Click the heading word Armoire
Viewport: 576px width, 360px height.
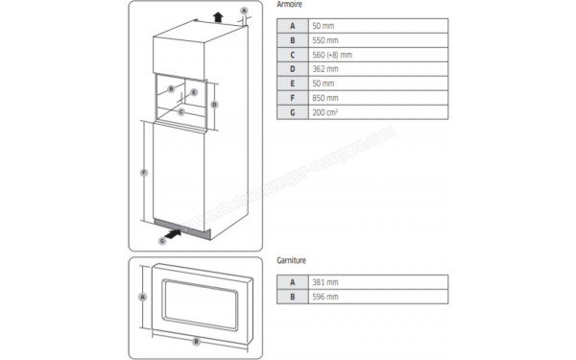[x=291, y=6]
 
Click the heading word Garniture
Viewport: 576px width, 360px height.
[x=292, y=259]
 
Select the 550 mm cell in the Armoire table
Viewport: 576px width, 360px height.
[x=326, y=40]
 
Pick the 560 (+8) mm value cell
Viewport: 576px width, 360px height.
[x=332, y=55]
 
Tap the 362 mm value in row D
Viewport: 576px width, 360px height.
[x=326, y=69]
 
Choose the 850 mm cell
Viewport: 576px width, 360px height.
[x=326, y=98]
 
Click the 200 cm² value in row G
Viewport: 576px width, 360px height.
[x=326, y=112]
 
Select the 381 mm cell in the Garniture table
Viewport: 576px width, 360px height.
[x=326, y=282]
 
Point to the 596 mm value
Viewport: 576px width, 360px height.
[x=326, y=297]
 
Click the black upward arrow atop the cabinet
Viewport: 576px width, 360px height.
[x=218, y=15]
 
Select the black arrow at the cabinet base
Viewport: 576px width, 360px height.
[x=174, y=230]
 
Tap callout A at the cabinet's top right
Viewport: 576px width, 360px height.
[x=244, y=10]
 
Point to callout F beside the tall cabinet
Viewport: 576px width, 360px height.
[x=143, y=173]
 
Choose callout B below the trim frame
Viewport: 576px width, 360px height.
[x=196, y=341]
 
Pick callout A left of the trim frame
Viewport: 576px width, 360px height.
[x=142, y=297]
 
